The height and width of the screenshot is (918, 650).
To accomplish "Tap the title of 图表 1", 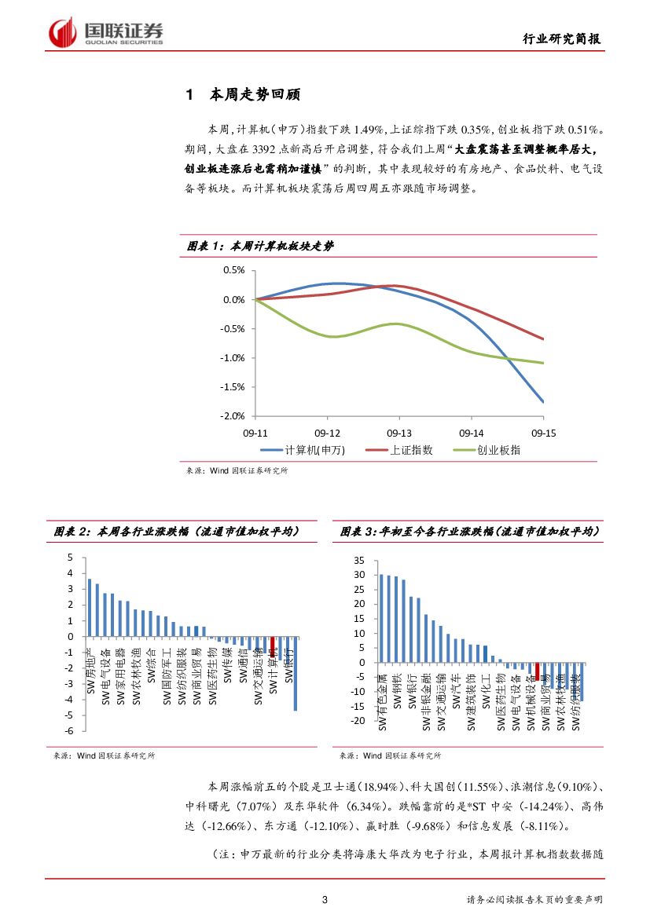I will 260,247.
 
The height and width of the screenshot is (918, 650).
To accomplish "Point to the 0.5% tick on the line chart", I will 234,270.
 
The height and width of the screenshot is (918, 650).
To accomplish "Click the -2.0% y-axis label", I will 233,416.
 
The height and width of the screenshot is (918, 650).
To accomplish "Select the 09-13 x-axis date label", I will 399,433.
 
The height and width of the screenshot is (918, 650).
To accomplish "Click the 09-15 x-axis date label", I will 543,433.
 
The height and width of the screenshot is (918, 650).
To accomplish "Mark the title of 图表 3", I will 471,532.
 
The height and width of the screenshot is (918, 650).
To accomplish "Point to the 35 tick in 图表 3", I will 361,560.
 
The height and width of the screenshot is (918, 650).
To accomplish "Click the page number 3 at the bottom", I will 325,899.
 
